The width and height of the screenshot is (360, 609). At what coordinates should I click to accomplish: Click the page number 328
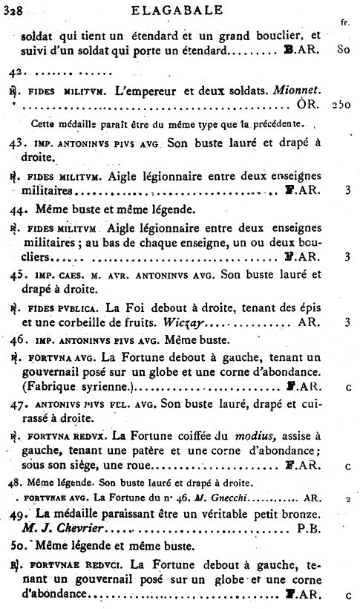[x=13, y=10]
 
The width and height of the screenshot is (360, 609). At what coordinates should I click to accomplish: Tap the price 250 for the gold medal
[x=342, y=105]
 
